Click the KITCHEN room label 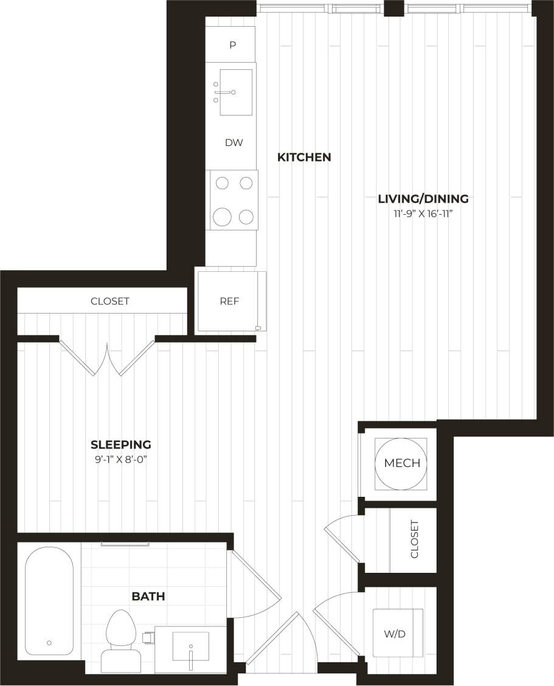click(x=304, y=158)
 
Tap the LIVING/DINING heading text click(x=423, y=199)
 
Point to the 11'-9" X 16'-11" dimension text click(x=423, y=213)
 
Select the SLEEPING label click(x=121, y=445)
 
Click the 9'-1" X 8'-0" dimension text click(x=121, y=460)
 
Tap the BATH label click(x=148, y=597)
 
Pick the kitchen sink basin click(x=235, y=92)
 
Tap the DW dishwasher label click(x=234, y=143)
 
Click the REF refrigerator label click(x=229, y=301)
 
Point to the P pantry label click(x=232, y=46)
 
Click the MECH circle click(x=401, y=463)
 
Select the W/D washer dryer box click(x=397, y=633)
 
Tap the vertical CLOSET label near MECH click(x=415, y=539)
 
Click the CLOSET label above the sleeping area click(x=110, y=301)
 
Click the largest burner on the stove click(x=223, y=216)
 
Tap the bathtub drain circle click(x=49, y=642)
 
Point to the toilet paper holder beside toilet click(x=147, y=637)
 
